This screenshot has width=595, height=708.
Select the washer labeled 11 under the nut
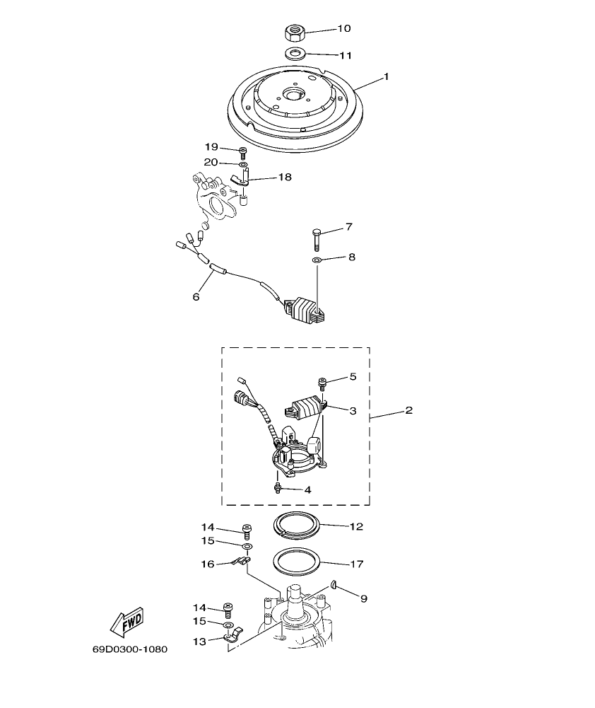pyautogui.click(x=295, y=54)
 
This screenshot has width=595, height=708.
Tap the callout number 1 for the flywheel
pyautogui.click(x=386, y=76)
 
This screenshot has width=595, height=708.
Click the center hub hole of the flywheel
pyautogui.click(x=293, y=93)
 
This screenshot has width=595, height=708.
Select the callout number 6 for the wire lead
pyautogui.click(x=196, y=296)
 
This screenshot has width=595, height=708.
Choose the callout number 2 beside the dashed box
pyautogui.click(x=408, y=410)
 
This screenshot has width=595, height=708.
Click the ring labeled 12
pyautogui.click(x=297, y=526)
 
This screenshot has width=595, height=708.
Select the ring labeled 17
pyautogui.click(x=297, y=563)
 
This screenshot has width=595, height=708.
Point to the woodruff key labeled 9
pyautogui.click(x=335, y=586)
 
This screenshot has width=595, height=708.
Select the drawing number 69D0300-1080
pyautogui.click(x=129, y=649)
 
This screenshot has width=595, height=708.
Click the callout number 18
pyautogui.click(x=284, y=178)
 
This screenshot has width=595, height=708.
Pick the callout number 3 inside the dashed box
pyautogui.click(x=353, y=410)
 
